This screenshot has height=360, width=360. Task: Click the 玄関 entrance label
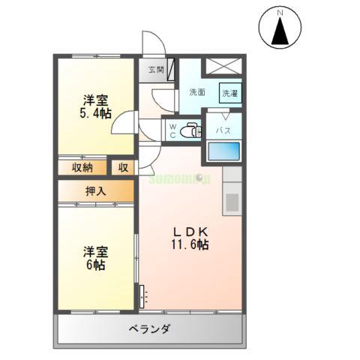point(155,70)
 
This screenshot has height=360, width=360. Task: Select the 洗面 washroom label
point(197,92)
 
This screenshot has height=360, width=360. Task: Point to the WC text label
point(172,130)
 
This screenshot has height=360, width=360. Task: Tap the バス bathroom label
point(223,130)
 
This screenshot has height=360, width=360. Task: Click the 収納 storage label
point(82,167)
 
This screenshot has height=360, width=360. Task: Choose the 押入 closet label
point(96,191)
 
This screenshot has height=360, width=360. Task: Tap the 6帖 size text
point(94,265)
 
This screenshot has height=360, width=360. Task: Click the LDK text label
point(190,230)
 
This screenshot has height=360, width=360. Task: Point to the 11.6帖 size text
point(190,244)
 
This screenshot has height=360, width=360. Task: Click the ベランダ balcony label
point(149,328)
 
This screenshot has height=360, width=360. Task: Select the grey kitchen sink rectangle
point(231,201)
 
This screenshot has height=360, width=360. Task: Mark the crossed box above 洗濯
point(224,67)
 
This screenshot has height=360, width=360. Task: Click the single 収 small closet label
point(123,167)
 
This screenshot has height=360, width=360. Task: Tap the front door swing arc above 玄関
point(150,43)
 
